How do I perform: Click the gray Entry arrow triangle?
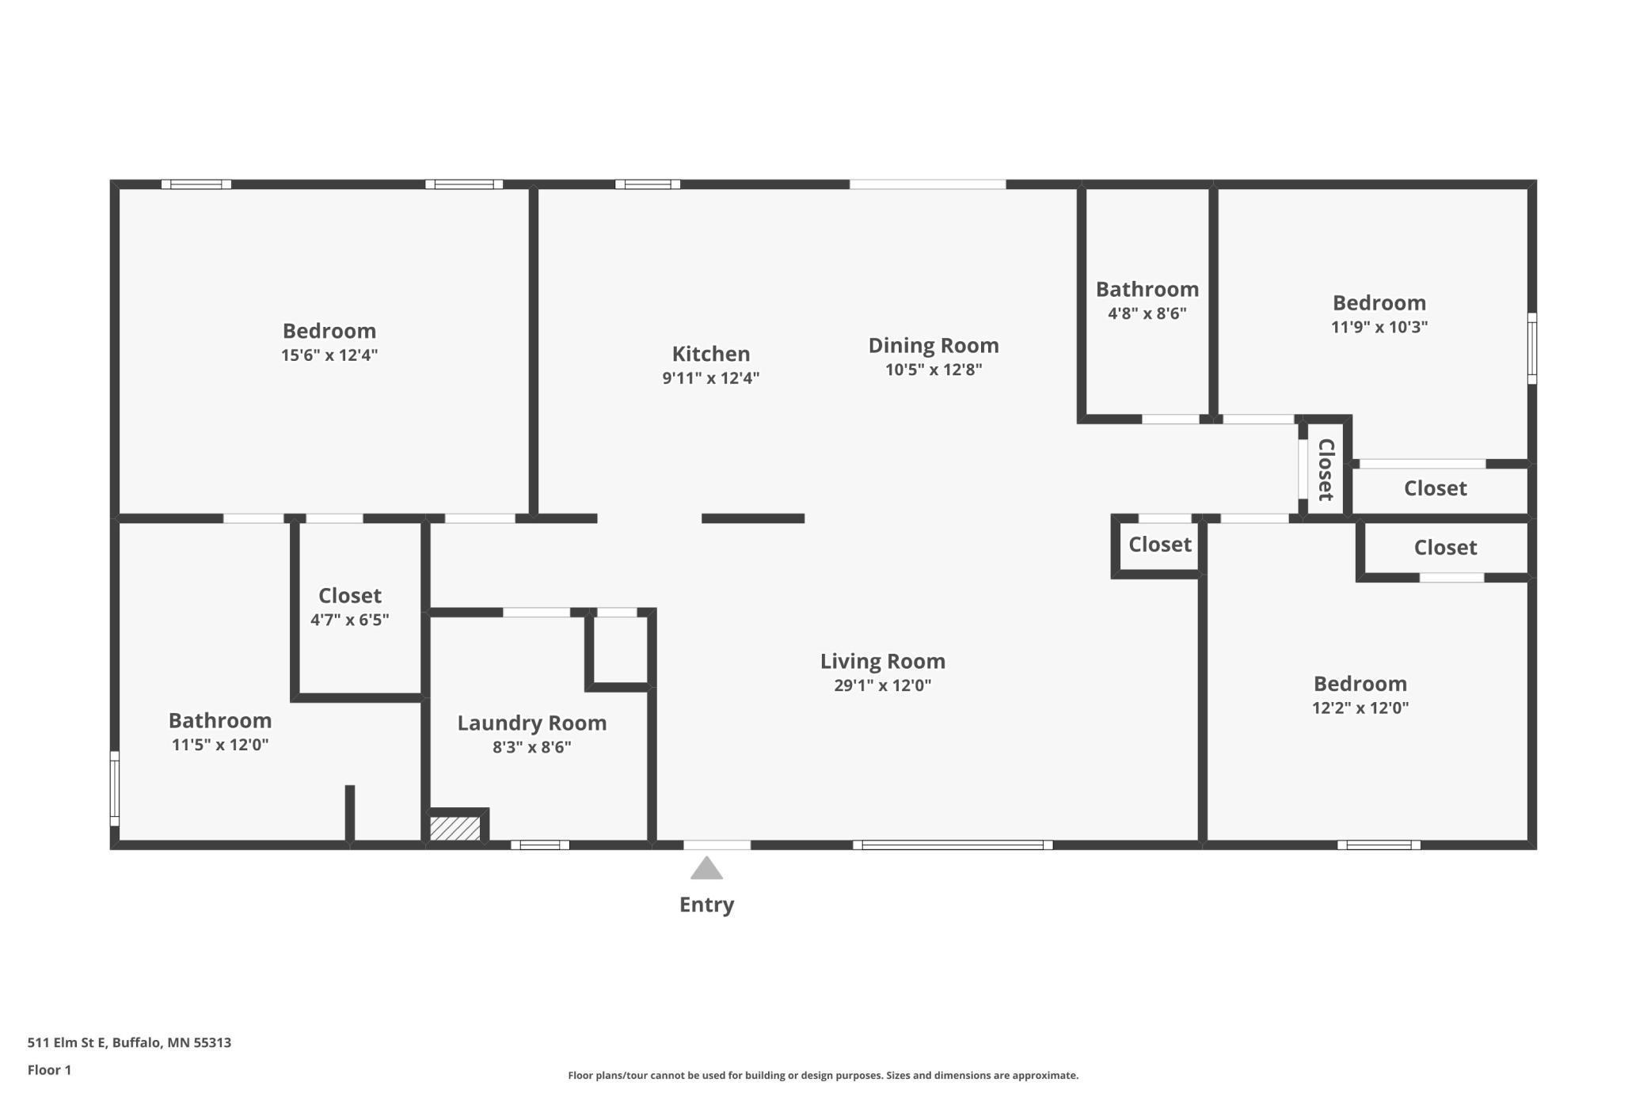pyautogui.click(x=706, y=869)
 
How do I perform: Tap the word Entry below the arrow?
pyautogui.click(x=706, y=905)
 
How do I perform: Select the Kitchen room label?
pyautogui.click(x=710, y=354)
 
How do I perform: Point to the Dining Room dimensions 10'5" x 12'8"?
pyautogui.click(x=934, y=370)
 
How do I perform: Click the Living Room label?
pyautogui.click(x=882, y=661)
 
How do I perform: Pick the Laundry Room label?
pyautogui.click(x=531, y=723)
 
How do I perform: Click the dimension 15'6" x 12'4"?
pyautogui.click(x=329, y=355)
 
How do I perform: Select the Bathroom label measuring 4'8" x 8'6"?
pyautogui.click(x=1147, y=290)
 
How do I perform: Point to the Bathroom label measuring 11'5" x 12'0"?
pyautogui.click(x=220, y=720)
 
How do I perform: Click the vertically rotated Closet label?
pyautogui.click(x=1326, y=469)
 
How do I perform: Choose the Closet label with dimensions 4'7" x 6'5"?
pyautogui.click(x=349, y=595)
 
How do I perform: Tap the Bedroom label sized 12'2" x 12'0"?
pyautogui.click(x=1360, y=684)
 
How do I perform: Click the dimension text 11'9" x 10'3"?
pyautogui.click(x=1379, y=327)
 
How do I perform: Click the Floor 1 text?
pyautogui.click(x=49, y=1070)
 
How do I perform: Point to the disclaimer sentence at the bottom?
pyautogui.click(x=823, y=1075)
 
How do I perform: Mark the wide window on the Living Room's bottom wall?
pyautogui.click(x=953, y=845)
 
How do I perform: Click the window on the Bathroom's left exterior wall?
pyautogui.click(x=114, y=788)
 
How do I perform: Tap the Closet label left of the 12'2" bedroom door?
pyautogui.click(x=1159, y=545)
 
